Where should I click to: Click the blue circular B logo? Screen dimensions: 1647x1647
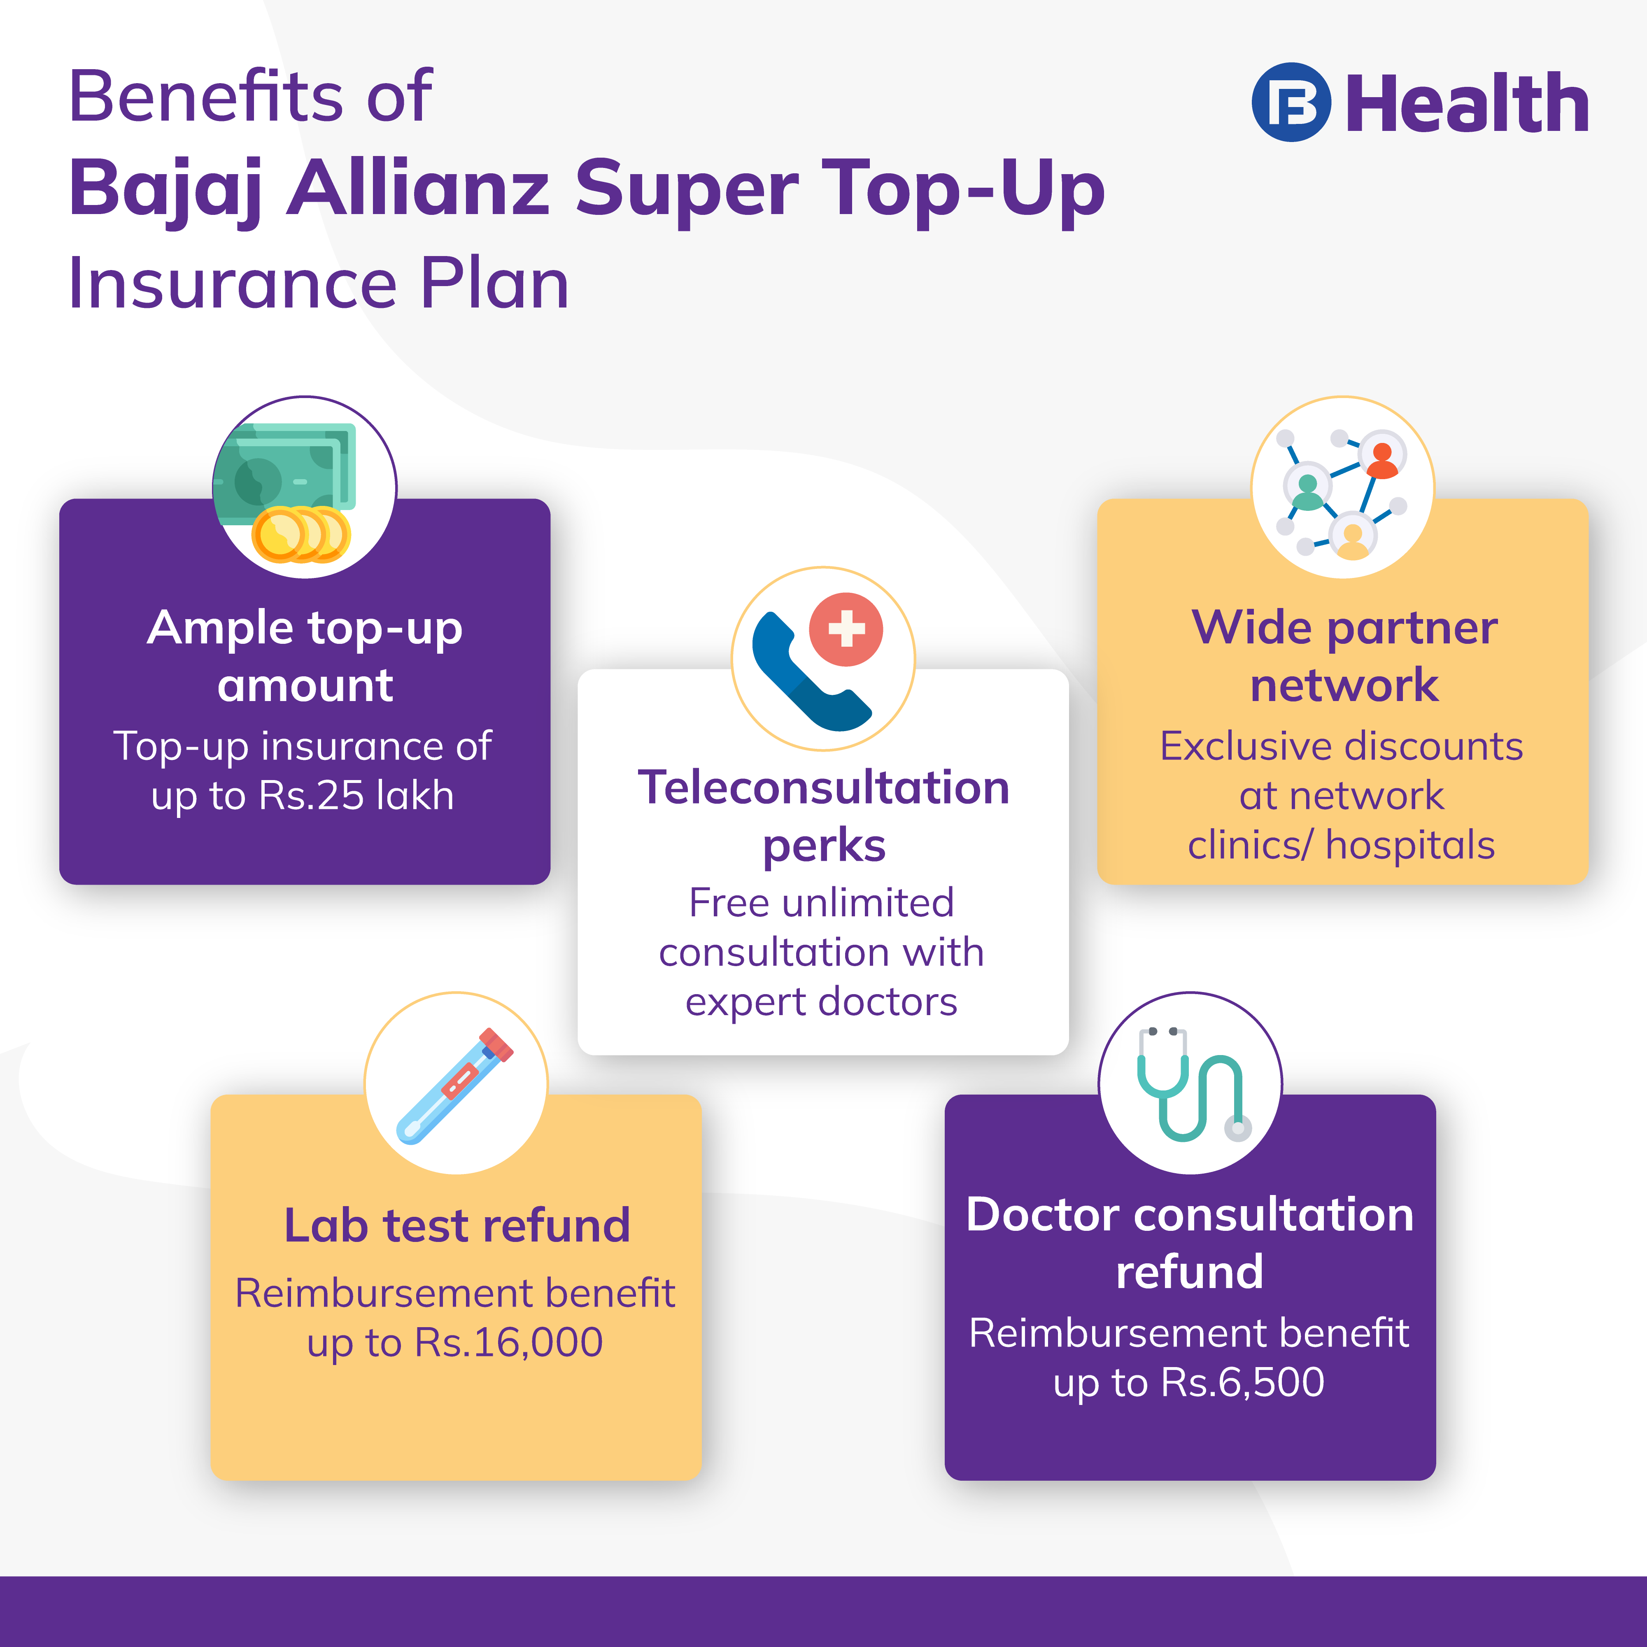coord(1291,103)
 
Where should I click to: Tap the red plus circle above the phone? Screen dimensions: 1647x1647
coord(846,629)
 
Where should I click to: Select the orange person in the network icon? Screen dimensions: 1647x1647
coord(1382,460)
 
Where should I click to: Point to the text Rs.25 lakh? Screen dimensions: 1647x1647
coord(356,795)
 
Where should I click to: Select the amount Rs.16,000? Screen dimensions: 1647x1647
coord(509,1343)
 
